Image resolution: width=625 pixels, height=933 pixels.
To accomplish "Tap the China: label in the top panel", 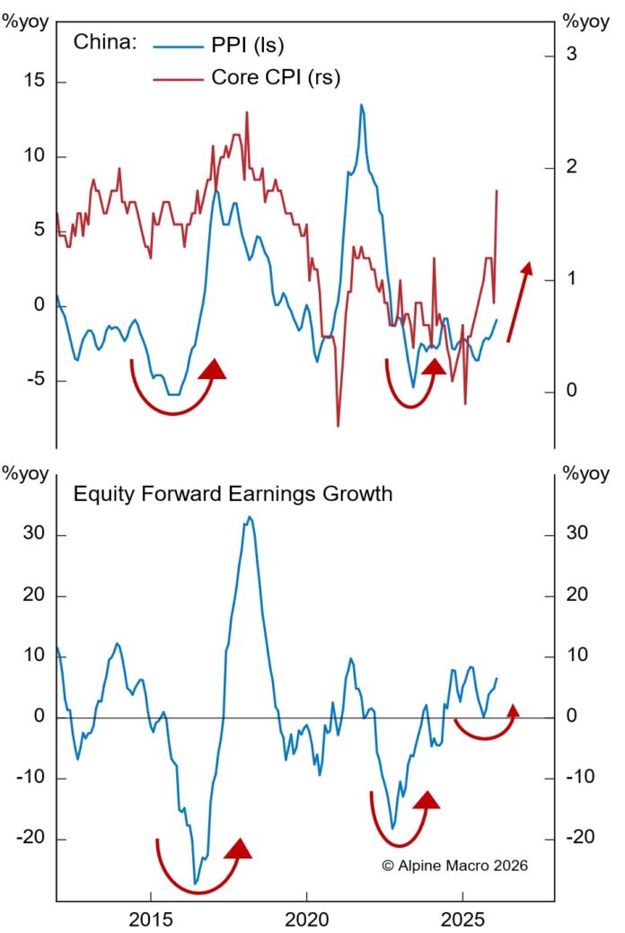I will pos(103,42).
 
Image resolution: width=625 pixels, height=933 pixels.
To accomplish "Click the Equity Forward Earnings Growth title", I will pos(233,494).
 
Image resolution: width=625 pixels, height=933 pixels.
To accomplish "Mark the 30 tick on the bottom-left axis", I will pos(34,534).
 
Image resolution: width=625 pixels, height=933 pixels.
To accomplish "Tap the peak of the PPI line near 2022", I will pos(361,105).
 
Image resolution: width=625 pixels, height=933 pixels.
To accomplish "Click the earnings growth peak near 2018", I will pos(250,517).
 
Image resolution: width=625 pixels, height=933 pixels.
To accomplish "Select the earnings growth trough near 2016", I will pos(196,884).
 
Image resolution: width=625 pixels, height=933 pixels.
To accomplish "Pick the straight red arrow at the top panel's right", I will pos(518,302).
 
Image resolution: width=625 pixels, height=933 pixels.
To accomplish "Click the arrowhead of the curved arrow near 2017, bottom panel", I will pos(239,849).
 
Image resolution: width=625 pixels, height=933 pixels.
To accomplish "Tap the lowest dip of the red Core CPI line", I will pos(339,426).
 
